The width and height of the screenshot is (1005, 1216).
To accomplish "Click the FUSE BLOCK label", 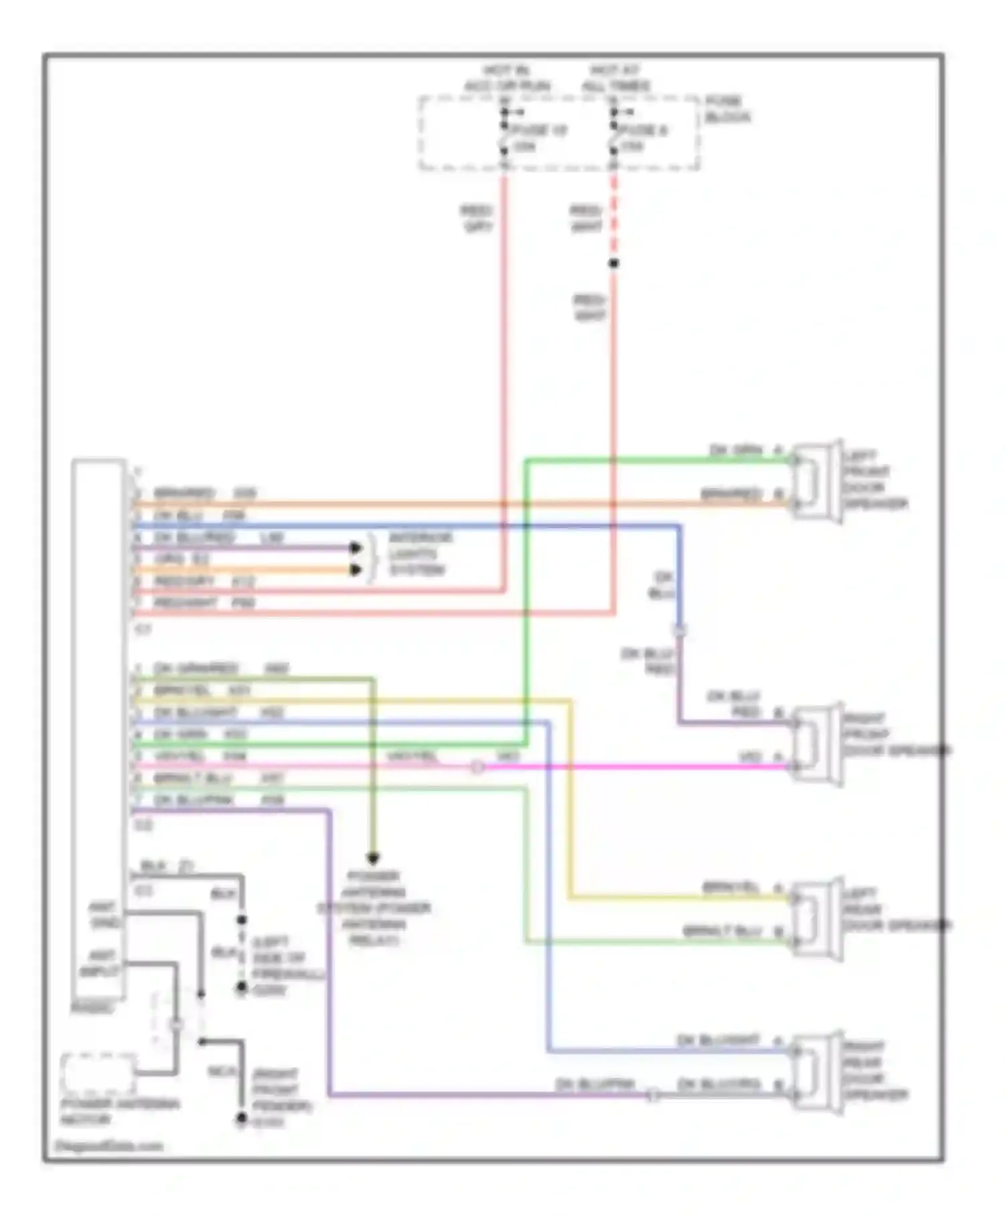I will [x=727, y=109].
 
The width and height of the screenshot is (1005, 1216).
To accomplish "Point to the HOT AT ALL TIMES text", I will [x=615, y=78].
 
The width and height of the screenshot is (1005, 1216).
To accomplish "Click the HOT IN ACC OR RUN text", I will [x=507, y=78].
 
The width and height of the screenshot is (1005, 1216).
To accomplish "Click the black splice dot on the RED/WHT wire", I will [x=613, y=263].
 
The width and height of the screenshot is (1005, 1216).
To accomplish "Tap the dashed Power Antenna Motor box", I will [x=98, y=1073].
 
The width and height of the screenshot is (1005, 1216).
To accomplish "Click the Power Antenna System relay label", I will [x=373, y=908].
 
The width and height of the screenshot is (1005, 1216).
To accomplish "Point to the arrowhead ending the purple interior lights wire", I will [x=356, y=548].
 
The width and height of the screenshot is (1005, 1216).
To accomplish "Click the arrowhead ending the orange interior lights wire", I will [x=356, y=570].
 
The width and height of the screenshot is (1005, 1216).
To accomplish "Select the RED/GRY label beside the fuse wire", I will [x=476, y=219].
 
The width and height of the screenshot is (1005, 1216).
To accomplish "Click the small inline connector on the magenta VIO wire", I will [x=476, y=766].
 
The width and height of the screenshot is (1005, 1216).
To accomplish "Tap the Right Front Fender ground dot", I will [x=241, y=1119].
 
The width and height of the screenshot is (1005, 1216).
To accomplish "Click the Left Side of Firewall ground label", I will [x=287, y=965].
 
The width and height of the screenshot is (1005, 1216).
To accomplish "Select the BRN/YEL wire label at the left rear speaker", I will [x=730, y=888].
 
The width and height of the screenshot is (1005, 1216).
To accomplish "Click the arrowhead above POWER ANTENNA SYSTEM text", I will [x=373, y=858].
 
